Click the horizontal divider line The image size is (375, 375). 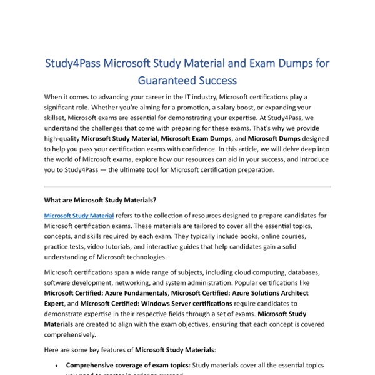tap(187, 187)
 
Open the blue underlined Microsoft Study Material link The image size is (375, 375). tap(79, 216)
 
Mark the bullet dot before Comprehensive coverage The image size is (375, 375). tap(57, 365)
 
